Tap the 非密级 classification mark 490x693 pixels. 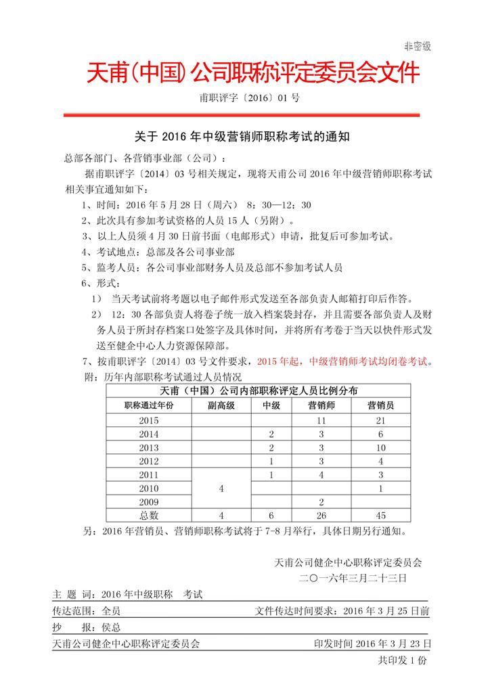417,46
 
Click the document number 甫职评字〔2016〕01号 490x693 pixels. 249,98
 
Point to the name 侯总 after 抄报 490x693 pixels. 110,627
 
